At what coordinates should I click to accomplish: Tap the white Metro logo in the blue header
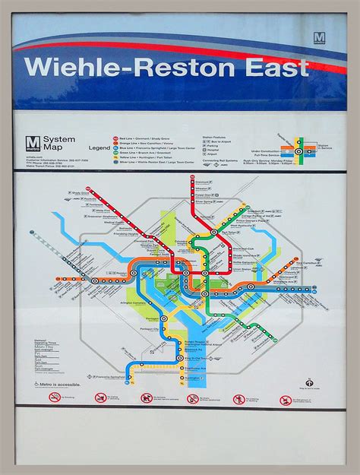tap(319, 37)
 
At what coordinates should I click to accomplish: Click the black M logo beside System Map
tap(33, 142)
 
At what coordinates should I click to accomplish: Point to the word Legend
tap(99, 147)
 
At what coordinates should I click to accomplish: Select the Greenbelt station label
tap(276, 211)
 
